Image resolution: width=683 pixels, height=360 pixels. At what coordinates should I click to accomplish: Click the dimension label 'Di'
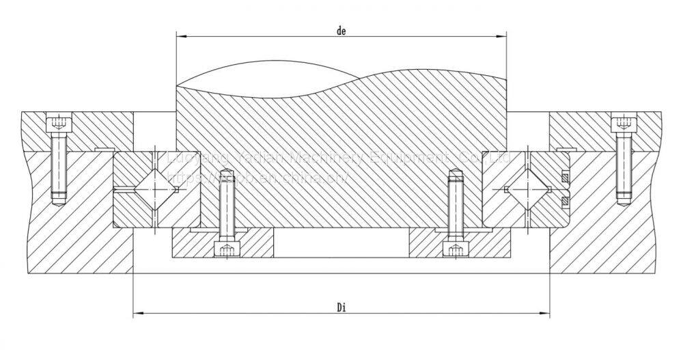point(342,307)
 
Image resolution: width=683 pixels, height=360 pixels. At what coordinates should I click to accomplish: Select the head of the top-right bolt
point(623,124)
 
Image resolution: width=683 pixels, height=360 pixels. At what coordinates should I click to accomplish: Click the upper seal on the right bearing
point(565,179)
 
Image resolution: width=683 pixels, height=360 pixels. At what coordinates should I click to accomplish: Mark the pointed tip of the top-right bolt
point(622,202)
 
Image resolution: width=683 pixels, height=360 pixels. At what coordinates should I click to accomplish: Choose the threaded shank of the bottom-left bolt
point(225,205)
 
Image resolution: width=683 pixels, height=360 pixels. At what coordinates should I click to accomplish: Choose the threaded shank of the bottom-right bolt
point(455,205)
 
